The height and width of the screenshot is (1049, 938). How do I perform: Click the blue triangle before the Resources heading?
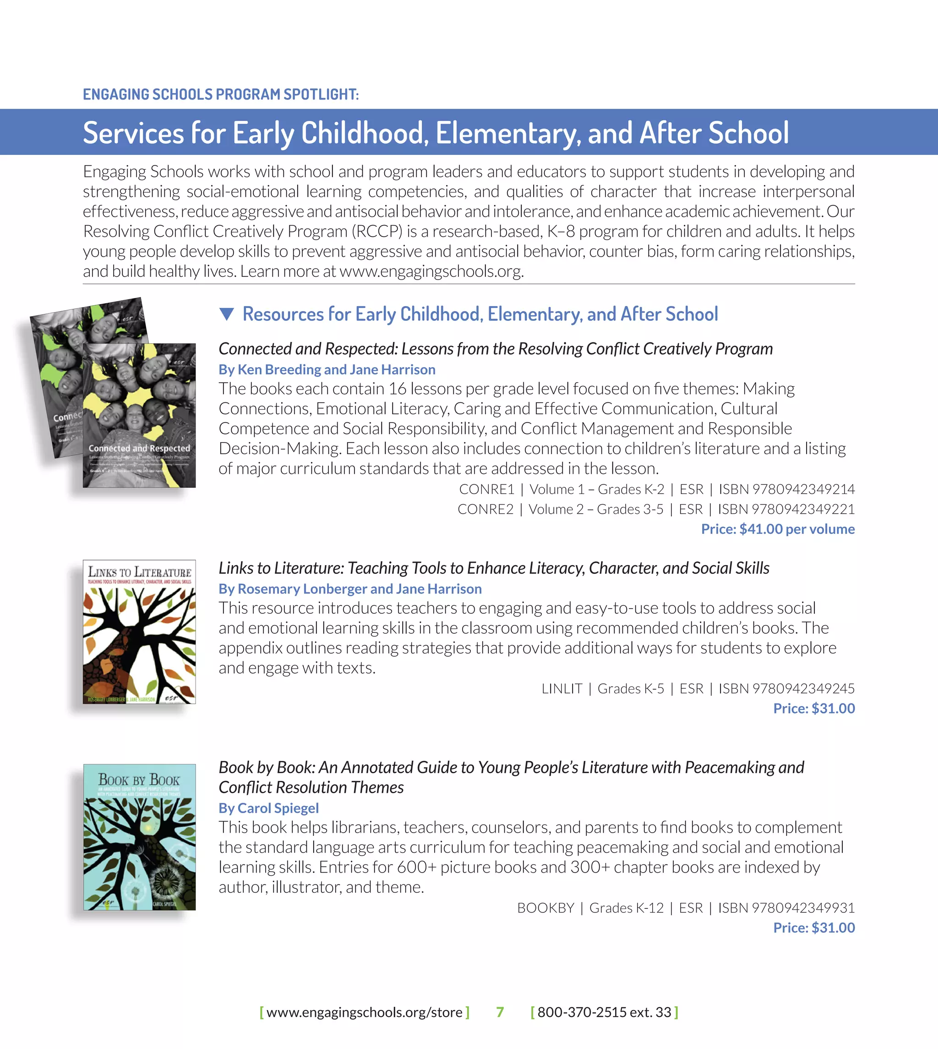click(x=227, y=313)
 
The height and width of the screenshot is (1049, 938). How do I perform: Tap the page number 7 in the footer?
click(x=499, y=1012)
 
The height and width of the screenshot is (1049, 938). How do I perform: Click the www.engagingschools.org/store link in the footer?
click(x=365, y=1012)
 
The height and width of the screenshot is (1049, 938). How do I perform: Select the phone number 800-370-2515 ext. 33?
click(x=604, y=1012)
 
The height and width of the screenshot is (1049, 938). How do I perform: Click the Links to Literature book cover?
click(x=139, y=632)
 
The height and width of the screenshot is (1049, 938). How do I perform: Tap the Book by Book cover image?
click(x=139, y=836)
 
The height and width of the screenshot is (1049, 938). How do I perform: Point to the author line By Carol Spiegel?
click(x=268, y=807)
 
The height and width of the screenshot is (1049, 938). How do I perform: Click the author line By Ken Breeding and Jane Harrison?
click(x=327, y=369)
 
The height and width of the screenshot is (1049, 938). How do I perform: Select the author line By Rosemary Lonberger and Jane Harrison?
click(x=350, y=588)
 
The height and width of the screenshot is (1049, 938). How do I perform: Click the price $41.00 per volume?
click(x=778, y=529)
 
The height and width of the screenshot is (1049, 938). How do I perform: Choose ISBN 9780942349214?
click(x=786, y=489)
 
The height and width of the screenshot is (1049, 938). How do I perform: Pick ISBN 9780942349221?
click(x=786, y=509)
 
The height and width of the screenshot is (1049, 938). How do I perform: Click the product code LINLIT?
click(x=562, y=688)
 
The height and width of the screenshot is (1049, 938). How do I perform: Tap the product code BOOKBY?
click(x=545, y=908)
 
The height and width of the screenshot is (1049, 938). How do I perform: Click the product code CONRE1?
click(x=486, y=489)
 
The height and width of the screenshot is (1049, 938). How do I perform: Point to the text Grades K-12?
click(x=626, y=908)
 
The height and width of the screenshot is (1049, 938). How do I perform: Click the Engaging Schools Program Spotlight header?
click(x=221, y=94)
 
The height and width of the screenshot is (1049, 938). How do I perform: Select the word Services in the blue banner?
click(x=133, y=132)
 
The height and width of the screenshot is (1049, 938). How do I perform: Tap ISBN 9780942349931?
click(x=786, y=908)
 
